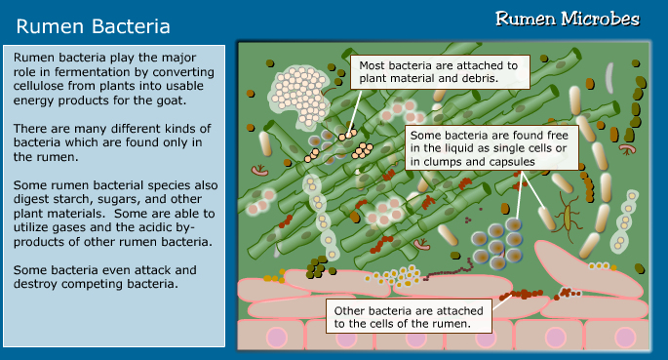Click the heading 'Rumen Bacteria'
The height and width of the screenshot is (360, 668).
[94, 25]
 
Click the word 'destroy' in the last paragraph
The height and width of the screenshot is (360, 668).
[37, 284]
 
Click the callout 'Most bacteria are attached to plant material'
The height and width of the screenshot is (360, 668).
[441, 71]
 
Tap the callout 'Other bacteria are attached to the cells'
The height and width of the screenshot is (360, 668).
[411, 316]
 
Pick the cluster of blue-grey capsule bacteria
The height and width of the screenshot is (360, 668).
[495, 243]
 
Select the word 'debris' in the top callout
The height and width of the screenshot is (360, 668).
[477, 78]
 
